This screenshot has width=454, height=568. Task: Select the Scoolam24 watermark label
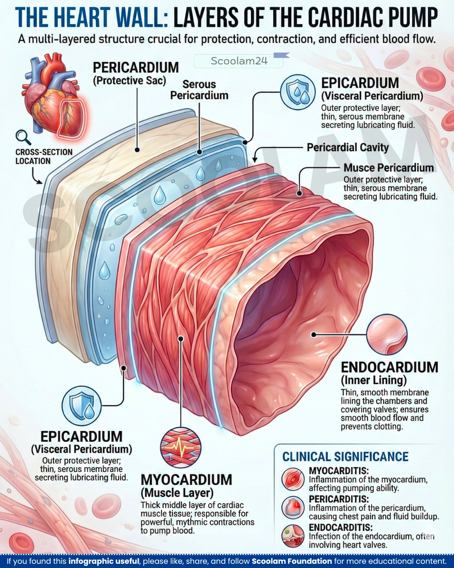coord(239,61)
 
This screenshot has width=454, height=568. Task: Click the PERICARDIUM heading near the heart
coord(136,67)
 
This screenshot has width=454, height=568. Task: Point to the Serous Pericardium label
coord(199,90)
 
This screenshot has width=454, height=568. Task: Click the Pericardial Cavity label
coord(348,147)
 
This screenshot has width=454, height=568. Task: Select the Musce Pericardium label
coord(388,167)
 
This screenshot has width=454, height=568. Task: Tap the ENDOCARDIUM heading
coord(389,367)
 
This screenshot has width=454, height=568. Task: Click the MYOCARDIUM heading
coord(186,480)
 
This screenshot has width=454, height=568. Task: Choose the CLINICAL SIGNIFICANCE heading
coord(345,457)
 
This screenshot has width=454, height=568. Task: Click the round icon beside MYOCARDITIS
coord(293,478)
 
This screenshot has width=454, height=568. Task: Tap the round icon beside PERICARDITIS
coord(293,507)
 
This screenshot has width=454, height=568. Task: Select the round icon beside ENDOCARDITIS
coord(293,536)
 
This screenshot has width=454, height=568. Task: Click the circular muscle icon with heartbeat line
coord(181,448)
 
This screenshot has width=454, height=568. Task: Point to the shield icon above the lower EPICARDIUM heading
coord(82,406)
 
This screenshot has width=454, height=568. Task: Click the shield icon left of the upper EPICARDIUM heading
coord(298,92)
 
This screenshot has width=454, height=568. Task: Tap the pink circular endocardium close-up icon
coord(387,334)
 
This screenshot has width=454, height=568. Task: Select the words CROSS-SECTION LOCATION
coord(44,157)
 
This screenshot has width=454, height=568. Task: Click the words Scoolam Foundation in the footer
coord(292,561)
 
